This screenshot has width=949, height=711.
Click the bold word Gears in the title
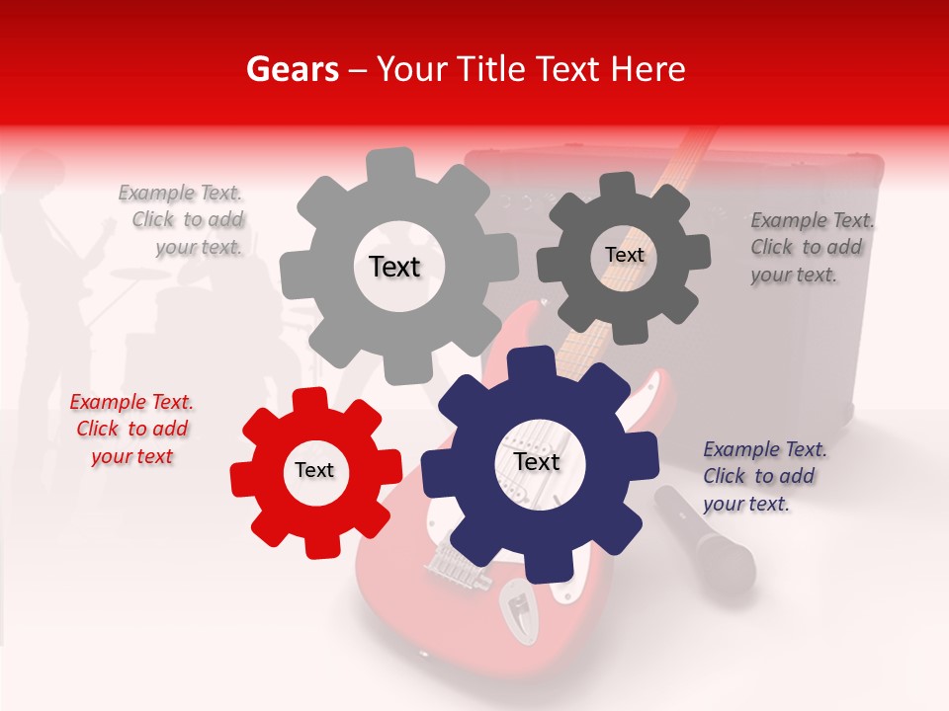[x=292, y=69]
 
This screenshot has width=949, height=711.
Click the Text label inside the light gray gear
[x=394, y=267]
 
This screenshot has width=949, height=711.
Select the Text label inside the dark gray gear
[x=624, y=255]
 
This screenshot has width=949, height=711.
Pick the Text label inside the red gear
[x=314, y=470]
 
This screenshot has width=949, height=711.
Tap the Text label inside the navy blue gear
[x=537, y=461]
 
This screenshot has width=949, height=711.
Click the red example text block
[x=131, y=429]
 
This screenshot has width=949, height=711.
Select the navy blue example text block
[x=764, y=476]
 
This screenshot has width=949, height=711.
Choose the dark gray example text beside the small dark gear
[x=812, y=247]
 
